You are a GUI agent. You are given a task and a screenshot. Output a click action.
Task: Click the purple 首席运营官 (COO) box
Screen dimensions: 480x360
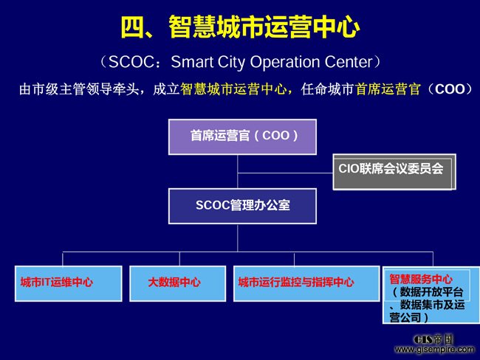tap(242, 136)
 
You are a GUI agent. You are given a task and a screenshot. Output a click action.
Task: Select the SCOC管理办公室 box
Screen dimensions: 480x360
tap(242, 206)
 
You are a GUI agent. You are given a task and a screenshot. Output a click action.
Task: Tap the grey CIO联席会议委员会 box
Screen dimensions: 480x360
tap(394, 172)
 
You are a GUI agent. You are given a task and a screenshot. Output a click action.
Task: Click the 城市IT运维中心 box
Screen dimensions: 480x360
tap(68, 283)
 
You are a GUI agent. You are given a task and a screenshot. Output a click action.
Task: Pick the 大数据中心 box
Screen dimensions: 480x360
tap(177, 283)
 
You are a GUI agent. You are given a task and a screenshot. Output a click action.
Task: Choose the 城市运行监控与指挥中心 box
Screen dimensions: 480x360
tap(306, 283)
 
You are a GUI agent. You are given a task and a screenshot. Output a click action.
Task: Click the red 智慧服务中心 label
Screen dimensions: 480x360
tap(421, 279)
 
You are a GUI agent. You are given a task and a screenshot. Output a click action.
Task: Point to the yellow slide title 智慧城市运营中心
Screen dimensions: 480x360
tap(264, 27)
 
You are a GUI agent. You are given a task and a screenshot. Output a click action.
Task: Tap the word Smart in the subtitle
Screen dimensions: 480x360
tap(192, 62)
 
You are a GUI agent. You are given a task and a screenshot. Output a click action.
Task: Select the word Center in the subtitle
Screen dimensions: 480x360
tap(349, 62)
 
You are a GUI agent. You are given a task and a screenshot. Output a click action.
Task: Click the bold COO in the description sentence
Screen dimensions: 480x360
tap(450, 89)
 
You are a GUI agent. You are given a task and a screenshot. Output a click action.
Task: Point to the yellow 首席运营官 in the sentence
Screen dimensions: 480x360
tap(388, 89)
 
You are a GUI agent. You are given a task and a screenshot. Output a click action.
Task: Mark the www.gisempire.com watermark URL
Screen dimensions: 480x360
tap(434, 349)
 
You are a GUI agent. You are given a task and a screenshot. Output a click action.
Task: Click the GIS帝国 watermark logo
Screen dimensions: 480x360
tap(433, 339)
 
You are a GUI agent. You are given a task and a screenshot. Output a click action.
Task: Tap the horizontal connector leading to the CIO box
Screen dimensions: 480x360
tap(285, 173)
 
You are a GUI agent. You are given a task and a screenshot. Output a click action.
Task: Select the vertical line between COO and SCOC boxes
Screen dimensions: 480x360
tap(238, 172)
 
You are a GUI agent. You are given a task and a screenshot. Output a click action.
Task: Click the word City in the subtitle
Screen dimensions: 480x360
tap(231, 63)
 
